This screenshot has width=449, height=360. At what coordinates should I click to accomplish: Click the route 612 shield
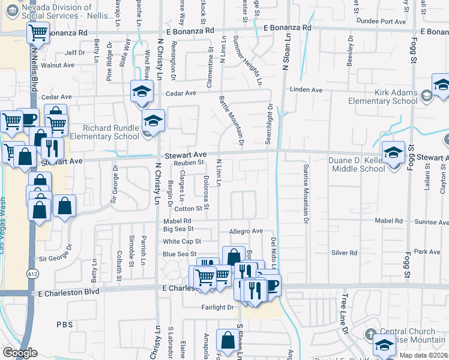(x=31, y=274)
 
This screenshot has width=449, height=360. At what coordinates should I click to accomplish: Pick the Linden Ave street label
(x=306, y=90)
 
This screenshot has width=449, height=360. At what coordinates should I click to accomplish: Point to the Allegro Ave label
(x=246, y=231)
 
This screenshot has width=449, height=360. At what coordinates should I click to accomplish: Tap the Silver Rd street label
(x=344, y=253)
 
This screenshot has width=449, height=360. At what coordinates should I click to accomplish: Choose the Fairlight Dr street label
(x=217, y=307)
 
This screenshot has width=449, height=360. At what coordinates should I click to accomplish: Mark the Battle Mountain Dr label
(x=231, y=120)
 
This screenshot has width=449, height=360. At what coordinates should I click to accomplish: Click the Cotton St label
(x=187, y=209)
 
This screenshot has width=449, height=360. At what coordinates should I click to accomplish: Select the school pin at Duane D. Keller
(x=394, y=153)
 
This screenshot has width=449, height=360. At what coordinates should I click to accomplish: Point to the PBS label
(x=64, y=324)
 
